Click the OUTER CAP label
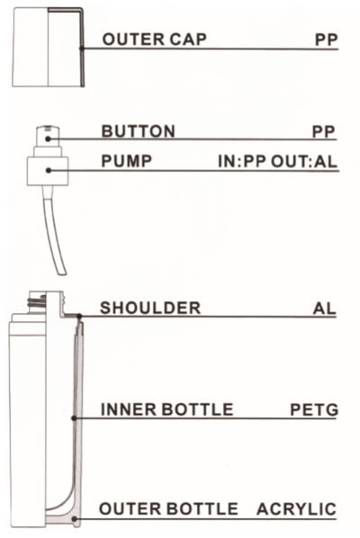click(x=155, y=39)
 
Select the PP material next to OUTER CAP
click(x=327, y=40)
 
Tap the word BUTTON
click(x=139, y=131)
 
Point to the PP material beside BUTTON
click(x=324, y=131)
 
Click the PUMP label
click(x=127, y=161)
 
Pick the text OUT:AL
click(x=304, y=162)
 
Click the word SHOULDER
click(x=150, y=308)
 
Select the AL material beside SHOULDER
click(x=324, y=309)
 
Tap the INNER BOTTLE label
click(x=166, y=409)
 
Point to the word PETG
click(x=314, y=409)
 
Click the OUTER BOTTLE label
click(x=168, y=508)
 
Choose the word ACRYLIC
click(x=296, y=509)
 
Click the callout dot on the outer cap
click(x=82, y=48)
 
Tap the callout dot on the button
click(x=49, y=139)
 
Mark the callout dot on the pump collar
click(x=49, y=170)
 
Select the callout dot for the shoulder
click(x=79, y=316)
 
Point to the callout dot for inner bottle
click(x=74, y=418)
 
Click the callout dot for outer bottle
click(x=75, y=519)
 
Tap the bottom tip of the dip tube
click(x=63, y=274)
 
